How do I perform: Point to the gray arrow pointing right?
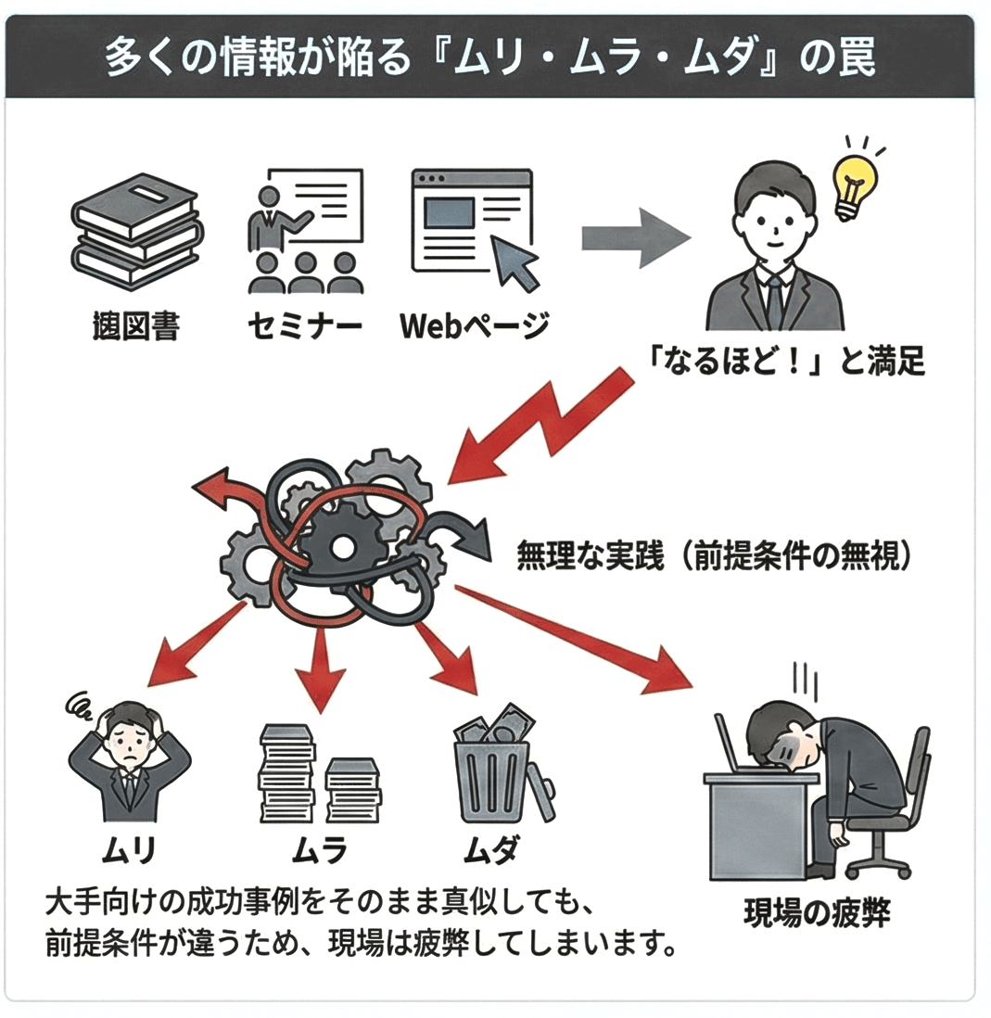point(635,239)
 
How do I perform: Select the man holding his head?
point(129,765)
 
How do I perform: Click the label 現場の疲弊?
point(817,913)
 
